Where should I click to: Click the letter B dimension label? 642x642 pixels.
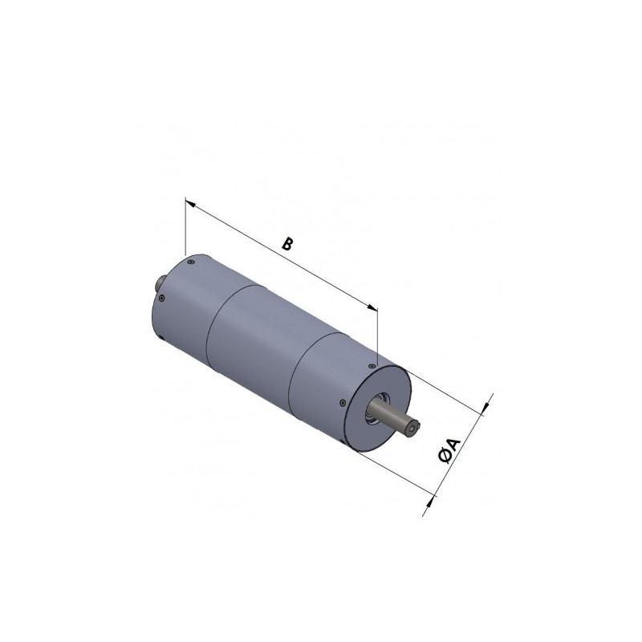click(286, 243)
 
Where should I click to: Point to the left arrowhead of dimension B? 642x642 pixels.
click(191, 202)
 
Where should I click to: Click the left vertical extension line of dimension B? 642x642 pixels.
click(185, 229)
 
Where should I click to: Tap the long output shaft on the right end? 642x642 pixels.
click(397, 420)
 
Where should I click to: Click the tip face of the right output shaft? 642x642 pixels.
click(413, 430)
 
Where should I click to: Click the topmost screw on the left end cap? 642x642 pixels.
click(190, 259)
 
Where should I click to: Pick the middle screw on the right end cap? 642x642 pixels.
click(343, 402)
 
